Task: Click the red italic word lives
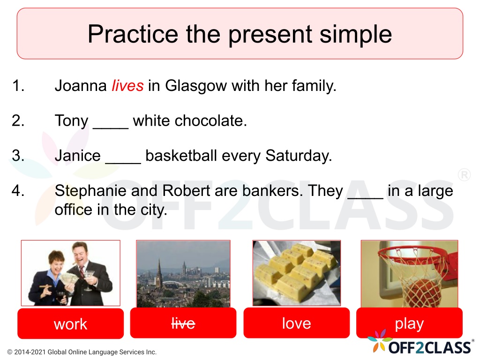click(x=127, y=85)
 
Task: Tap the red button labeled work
click(x=71, y=323)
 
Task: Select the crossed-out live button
click(x=183, y=323)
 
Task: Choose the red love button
click(x=296, y=323)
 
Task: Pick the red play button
click(x=409, y=323)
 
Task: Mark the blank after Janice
click(x=123, y=163)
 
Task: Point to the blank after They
click(x=366, y=198)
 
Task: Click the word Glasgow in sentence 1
click(x=196, y=86)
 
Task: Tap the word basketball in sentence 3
click(x=181, y=156)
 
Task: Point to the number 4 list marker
click(x=18, y=190)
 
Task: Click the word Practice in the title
click(x=133, y=34)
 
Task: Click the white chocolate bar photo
click(x=296, y=273)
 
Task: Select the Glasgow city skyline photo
click(x=183, y=274)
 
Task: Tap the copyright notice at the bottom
click(x=82, y=352)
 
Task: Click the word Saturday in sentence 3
click(x=299, y=156)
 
